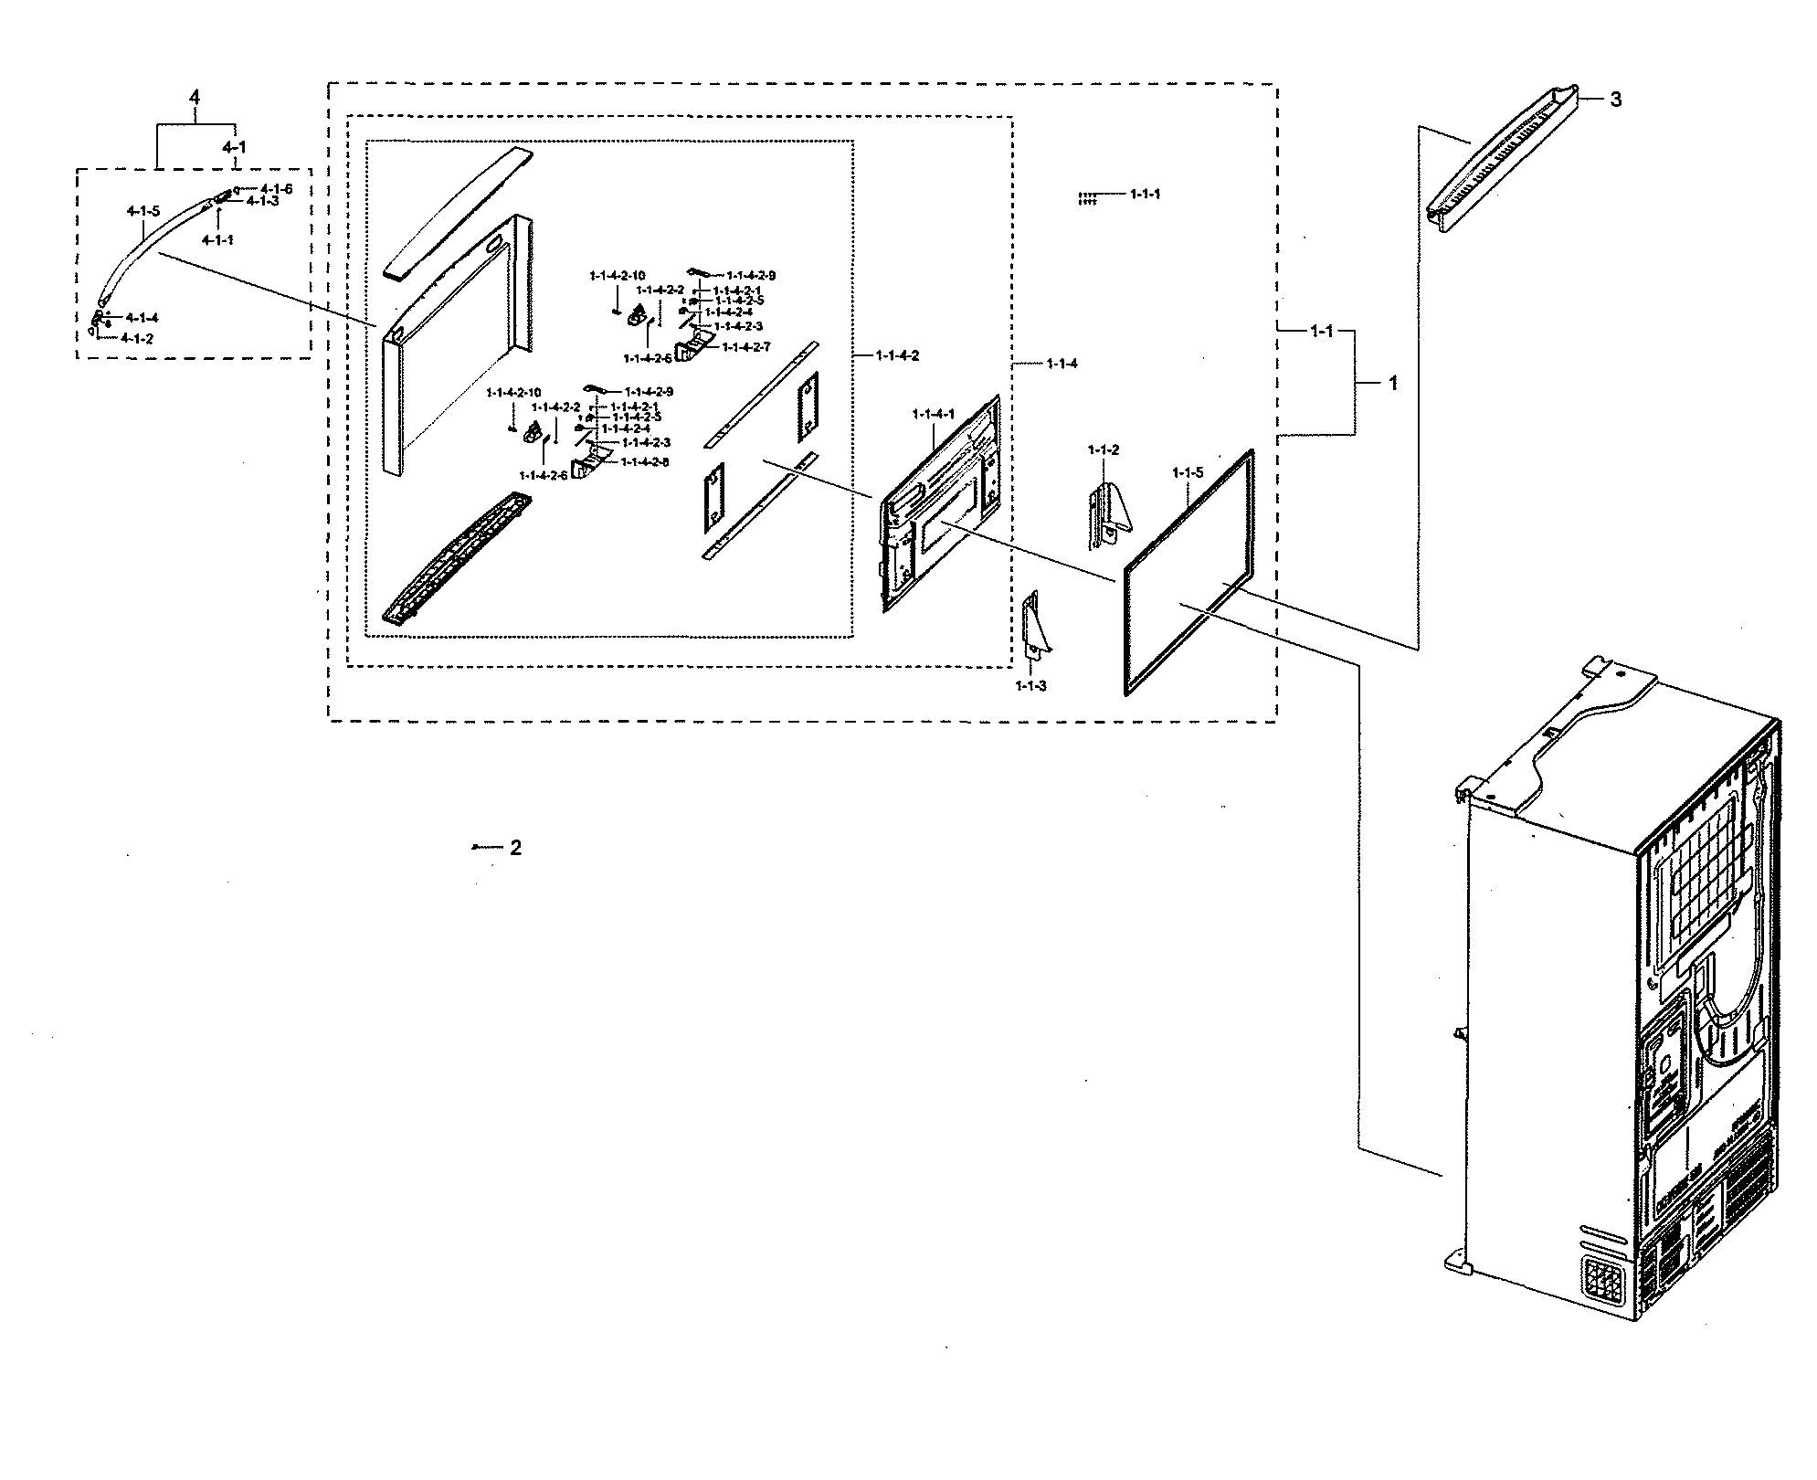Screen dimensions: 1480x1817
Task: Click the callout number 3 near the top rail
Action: [x=1615, y=100]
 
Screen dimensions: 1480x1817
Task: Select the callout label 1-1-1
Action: [x=1145, y=195]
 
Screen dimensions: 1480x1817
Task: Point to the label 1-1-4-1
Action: [x=933, y=414]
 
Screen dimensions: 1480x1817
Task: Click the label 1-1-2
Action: [x=1103, y=450]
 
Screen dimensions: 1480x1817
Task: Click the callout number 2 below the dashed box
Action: [x=515, y=848]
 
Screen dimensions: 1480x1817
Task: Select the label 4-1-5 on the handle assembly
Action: [x=143, y=211]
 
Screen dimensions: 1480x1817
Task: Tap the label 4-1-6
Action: [x=276, y=189]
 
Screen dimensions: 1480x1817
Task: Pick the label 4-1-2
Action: [x=137, y=338]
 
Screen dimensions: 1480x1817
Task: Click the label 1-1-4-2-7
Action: [x=746, y=347]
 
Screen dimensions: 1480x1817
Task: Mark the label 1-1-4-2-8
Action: [x=645, y=462]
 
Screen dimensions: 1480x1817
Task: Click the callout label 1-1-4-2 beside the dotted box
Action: [x=896, y=355]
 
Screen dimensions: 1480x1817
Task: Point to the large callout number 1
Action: [x=1392, y=385]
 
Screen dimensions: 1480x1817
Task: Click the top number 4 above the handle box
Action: [x=194, y=98]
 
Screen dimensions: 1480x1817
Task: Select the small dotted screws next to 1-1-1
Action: [x=1086, y=198]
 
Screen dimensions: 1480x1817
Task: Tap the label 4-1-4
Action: [x=142, y=318]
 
